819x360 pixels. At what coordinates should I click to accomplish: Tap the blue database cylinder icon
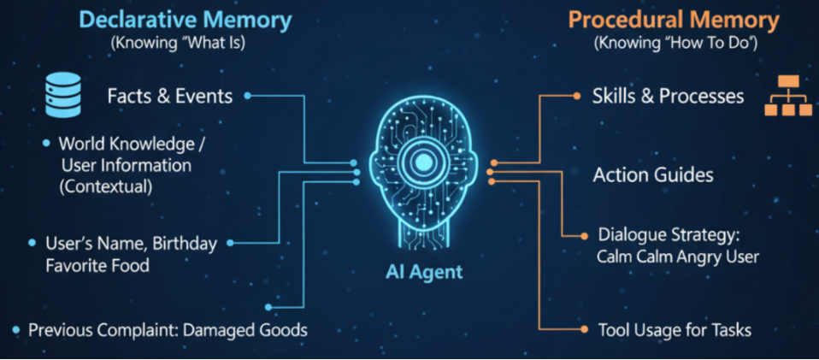pos(62,95)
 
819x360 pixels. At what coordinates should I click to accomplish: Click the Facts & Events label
pos(169,96)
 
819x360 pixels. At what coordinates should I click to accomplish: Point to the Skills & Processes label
pos(668,96)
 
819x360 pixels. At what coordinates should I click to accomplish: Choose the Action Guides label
pos(653,175)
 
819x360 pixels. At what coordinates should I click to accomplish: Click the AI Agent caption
pos(422,273)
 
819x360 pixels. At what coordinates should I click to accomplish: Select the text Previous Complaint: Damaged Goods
pos(168,329)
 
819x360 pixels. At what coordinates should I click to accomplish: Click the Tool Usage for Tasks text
pos(675,329)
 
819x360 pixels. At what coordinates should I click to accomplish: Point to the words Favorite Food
pos(97,266)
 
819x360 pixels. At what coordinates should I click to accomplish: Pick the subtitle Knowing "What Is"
pos(178,42)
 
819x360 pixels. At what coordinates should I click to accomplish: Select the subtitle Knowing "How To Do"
pos(674,42)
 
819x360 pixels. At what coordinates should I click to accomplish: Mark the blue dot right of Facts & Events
pos(248,96)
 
